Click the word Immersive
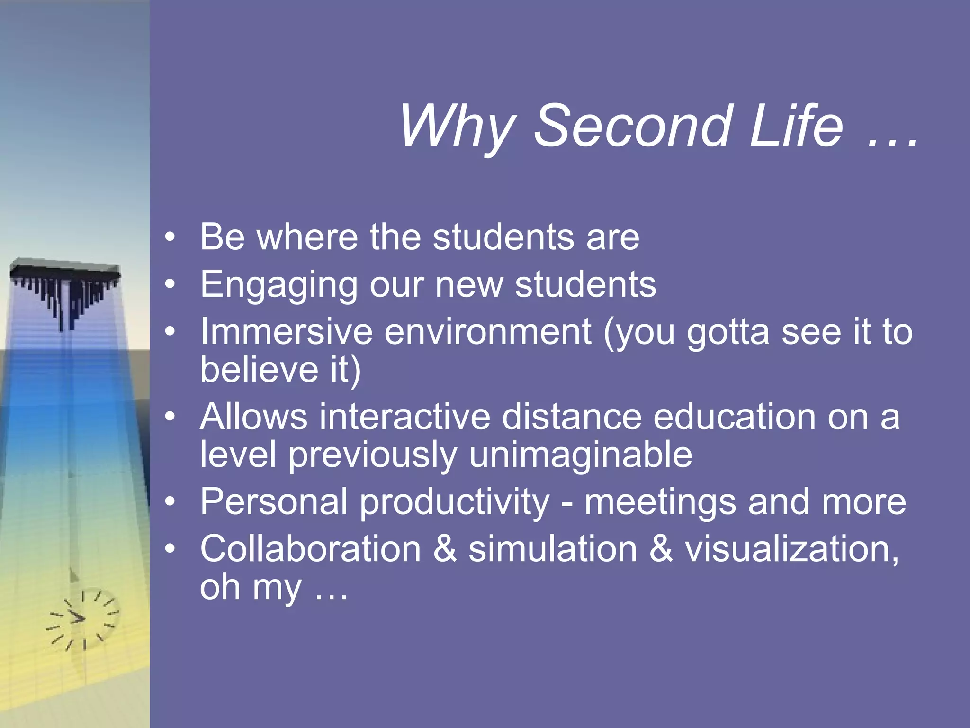286,331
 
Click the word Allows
253,417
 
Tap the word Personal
274,501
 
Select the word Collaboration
310,549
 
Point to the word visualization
791,549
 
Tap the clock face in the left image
83,619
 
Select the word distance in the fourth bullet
571,417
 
